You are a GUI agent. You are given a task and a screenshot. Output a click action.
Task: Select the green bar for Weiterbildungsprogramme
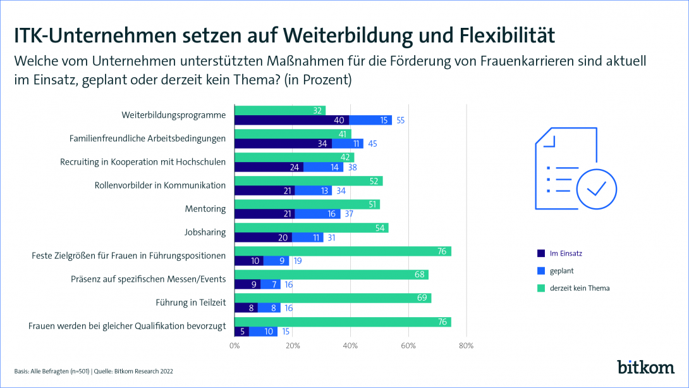280,110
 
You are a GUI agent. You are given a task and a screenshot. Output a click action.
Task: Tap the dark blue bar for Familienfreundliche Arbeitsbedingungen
283,143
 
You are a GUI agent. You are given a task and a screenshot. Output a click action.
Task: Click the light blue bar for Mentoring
317,214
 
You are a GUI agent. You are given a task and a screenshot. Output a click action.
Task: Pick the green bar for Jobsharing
311,228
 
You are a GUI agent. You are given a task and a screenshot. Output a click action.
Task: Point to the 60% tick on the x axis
408,346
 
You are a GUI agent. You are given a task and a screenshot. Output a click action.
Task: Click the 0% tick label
235,346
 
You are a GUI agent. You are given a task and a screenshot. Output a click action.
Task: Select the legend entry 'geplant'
561,271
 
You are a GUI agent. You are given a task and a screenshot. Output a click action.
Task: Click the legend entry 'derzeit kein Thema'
579,288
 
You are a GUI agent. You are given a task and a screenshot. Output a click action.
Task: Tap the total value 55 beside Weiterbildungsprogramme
401,120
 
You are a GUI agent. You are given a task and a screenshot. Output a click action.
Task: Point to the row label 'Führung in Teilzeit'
190,303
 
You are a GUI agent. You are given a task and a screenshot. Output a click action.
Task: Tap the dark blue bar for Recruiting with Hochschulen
269,167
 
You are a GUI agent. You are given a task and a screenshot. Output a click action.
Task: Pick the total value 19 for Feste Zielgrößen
298,261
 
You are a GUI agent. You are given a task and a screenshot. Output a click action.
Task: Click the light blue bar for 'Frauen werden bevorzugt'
264,331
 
